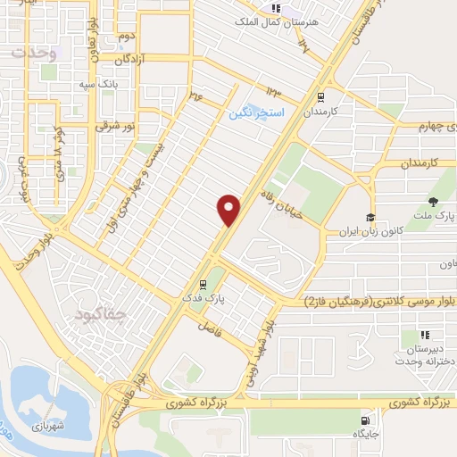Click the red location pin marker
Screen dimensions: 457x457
tap(229, 209)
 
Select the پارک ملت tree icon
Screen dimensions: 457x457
tap(434, 201)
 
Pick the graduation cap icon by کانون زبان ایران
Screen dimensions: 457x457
tap(370, 217)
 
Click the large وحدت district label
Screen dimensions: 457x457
tap(33, 52)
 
